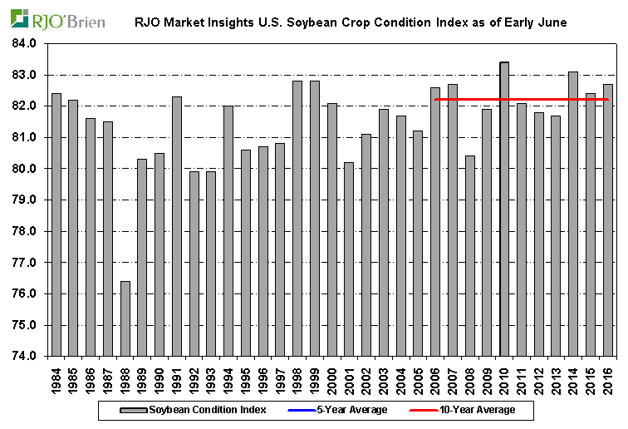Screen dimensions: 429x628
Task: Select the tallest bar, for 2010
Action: pos(504,209)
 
